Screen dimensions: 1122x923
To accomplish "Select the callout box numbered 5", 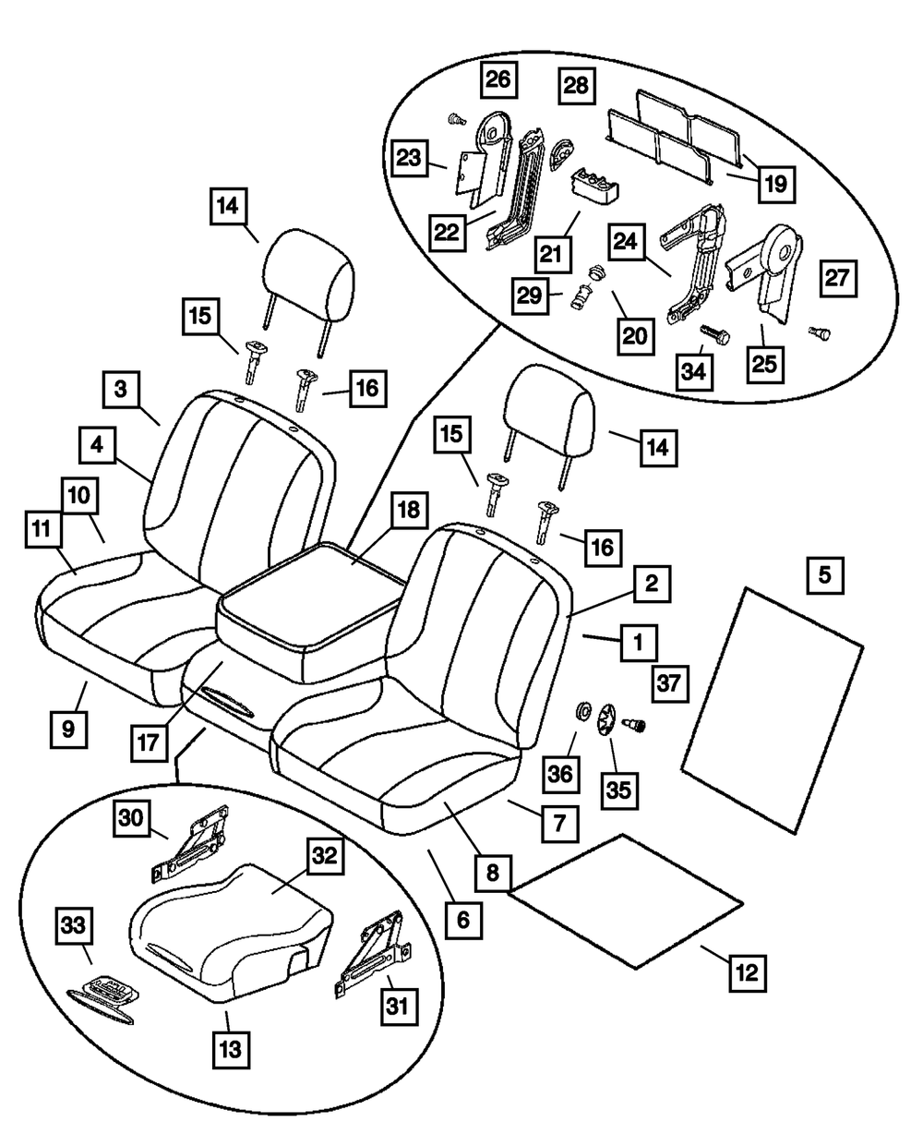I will [824, 575].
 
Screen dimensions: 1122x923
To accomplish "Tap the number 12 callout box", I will [749, 971].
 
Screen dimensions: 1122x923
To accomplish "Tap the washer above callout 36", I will [582, 711].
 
